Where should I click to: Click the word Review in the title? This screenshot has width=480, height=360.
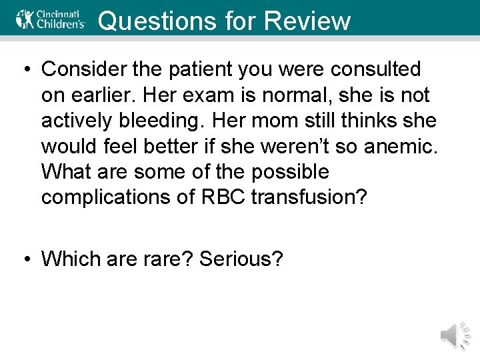(307, 21)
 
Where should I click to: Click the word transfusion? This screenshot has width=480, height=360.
(309, 198)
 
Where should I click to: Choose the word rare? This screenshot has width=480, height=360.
(169, 258)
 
